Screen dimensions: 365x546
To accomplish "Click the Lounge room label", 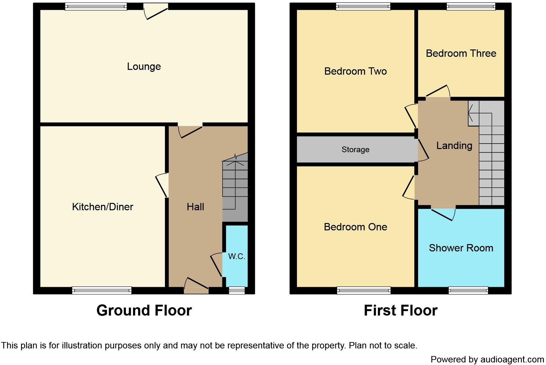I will pyautogui.click(x=144, y=66).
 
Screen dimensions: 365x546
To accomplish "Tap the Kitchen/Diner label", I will pyautogui.click(x=102, y=207).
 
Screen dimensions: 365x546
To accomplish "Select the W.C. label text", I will pyautogui.click(x=237, y=256).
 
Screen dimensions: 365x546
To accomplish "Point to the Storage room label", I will pyautogui.click(x=355, y=149).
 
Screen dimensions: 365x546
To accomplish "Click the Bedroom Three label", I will pyautogui.click(x=461, y=53).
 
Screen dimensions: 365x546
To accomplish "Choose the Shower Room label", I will pyautogui.click(x=461, y=248).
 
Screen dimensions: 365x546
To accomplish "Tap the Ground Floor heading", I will pyautogui.click(x=144, y=310).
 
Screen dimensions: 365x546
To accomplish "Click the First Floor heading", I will pyautogui.click(x=401, y=310).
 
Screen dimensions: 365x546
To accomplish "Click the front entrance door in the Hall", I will pyautogui.click(x=196, y=286).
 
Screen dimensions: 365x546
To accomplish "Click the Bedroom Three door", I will pyautogui.click(x=438, y=93).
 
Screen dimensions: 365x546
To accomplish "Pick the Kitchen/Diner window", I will pyautogui.click(x=102, y=290).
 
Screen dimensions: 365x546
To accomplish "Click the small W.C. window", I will pyautogui.click(x=237, y=290).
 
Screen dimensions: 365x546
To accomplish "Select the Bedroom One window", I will pyautogui.click(x=364, y=290).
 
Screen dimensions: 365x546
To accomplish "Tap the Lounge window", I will pyautogui.click(x=96, y=6).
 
